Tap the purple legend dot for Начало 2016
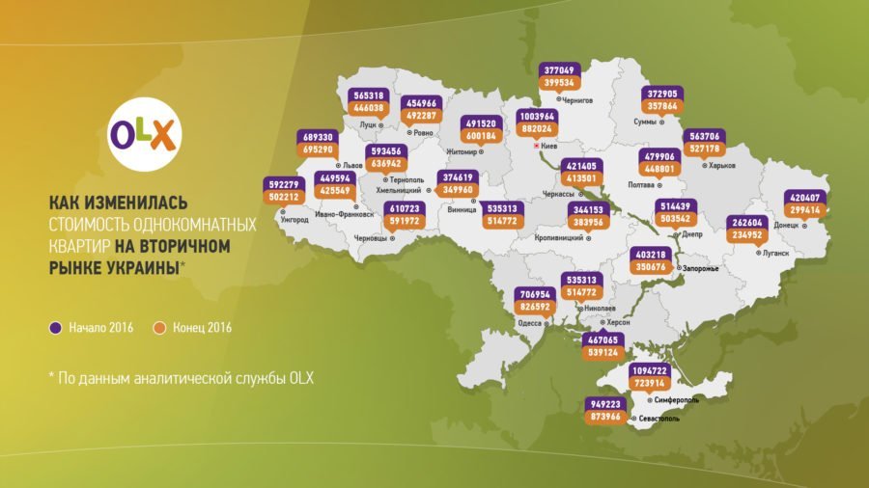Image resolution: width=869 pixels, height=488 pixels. (57, 328)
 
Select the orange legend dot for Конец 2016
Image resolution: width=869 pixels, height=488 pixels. (161, 328)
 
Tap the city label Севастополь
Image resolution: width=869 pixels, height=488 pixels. (659, 420)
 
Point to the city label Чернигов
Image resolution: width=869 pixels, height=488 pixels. (575, 99)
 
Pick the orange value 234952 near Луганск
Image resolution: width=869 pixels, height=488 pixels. (752, 232)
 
